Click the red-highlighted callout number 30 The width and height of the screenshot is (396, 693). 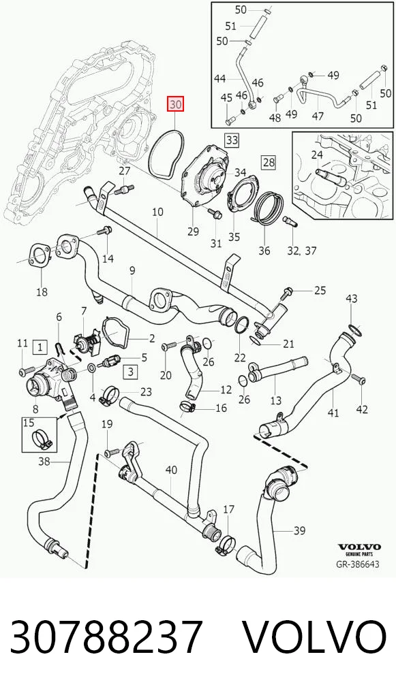(x=174, y=106)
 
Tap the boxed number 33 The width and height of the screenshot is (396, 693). (x=232, y=140)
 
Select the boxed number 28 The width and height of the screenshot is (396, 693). (x=269, y=162)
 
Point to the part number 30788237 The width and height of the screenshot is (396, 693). (x=106, y=636)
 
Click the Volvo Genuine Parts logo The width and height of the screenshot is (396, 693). (x=359, y=549)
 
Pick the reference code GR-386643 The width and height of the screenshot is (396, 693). (x=359, y=564)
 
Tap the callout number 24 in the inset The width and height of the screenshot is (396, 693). (x=317, y=155)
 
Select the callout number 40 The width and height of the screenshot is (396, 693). (x=170, y=469)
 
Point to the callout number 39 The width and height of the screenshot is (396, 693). (x=299, y=530)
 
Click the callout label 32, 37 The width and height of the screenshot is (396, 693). (x=302, y=251)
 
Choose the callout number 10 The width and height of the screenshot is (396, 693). (x=157, y=212)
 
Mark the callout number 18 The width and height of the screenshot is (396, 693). (x=42, y=291)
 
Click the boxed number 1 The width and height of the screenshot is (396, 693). (x=40, y=347)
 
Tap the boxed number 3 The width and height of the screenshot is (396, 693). (x=131, y=372)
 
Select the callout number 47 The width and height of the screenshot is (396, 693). (x=318, y=116)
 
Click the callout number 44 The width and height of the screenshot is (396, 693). (x=220, y=79)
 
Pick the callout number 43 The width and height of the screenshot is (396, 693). (x=351, y=299)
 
